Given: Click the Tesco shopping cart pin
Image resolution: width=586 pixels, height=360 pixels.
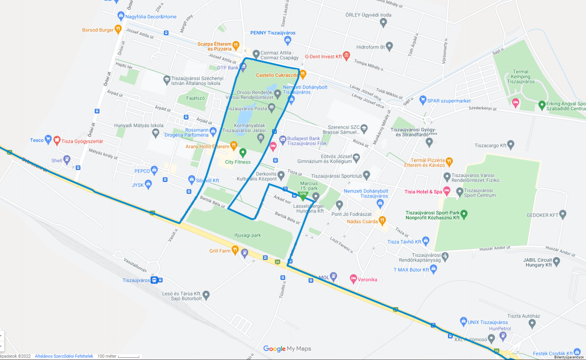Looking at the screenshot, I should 48,139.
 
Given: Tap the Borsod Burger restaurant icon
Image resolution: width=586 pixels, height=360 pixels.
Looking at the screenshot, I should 118,29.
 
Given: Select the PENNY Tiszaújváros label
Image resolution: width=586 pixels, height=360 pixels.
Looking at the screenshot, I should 273,33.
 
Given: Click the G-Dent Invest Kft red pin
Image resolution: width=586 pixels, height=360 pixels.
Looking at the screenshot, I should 346,56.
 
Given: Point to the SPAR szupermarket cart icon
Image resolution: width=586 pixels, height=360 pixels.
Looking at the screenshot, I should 423,100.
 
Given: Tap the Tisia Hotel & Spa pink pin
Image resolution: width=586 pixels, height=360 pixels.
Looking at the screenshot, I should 447,191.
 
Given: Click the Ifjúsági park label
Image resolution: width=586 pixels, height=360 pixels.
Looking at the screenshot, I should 247,235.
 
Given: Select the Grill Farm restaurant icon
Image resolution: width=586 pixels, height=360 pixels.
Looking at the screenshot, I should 235,250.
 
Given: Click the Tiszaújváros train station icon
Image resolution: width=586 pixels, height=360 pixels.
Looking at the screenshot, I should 154,280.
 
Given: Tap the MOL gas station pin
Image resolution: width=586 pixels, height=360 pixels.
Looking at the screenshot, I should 333,276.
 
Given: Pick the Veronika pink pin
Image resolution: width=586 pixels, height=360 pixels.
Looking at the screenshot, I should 353,279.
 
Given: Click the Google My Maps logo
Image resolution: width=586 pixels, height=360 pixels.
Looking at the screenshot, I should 287,349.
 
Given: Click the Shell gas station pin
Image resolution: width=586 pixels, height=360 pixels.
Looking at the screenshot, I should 67,159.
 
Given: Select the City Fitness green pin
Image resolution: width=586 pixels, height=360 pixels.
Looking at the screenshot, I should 243,152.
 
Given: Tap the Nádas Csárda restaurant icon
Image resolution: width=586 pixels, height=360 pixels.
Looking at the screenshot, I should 382,220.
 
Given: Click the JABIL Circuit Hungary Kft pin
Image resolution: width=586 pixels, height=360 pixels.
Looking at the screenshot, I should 556,261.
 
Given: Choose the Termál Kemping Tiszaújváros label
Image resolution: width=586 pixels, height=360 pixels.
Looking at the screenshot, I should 520,77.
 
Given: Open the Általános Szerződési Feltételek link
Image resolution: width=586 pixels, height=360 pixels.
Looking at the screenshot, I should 64,356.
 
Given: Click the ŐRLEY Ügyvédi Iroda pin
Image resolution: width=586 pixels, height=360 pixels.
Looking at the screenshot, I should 383,22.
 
